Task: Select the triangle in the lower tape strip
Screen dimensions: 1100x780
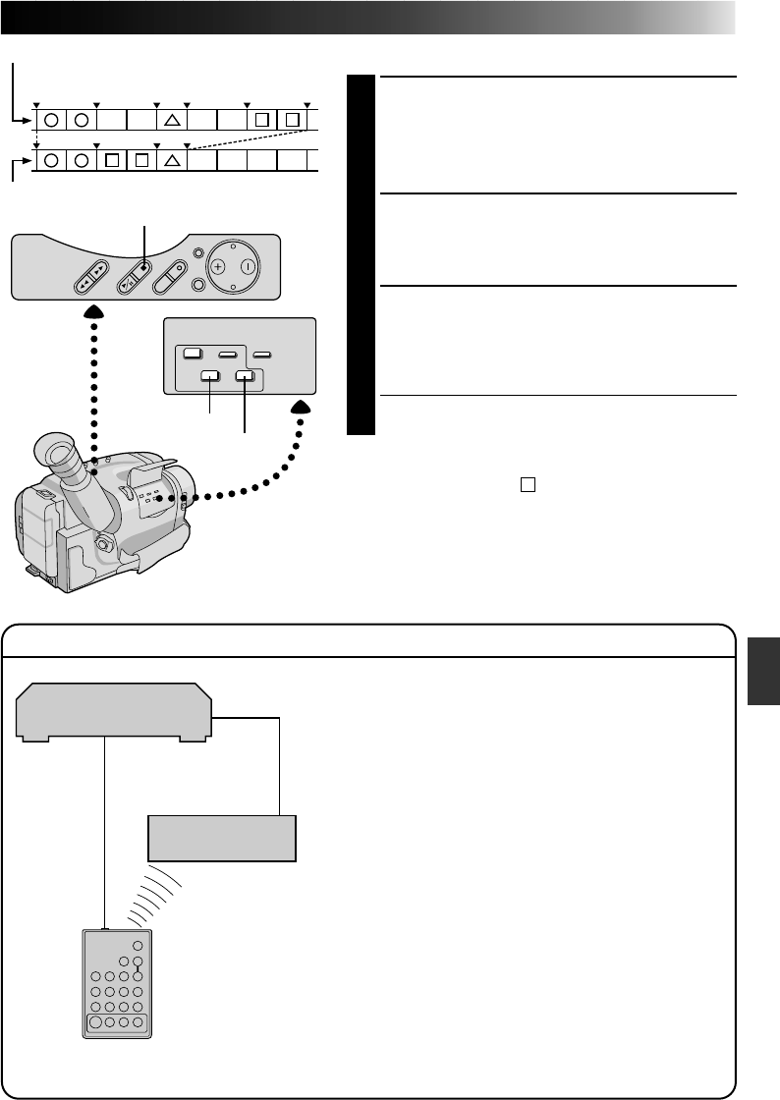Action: tap(171, 160)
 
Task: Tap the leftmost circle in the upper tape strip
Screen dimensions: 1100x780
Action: tap(50, 121)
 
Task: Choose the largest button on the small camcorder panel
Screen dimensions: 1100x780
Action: tap(193, 353)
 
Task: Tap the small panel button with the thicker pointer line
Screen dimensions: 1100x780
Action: tap(244, 374)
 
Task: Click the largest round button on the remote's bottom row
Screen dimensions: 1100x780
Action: tap(98, 1021)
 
